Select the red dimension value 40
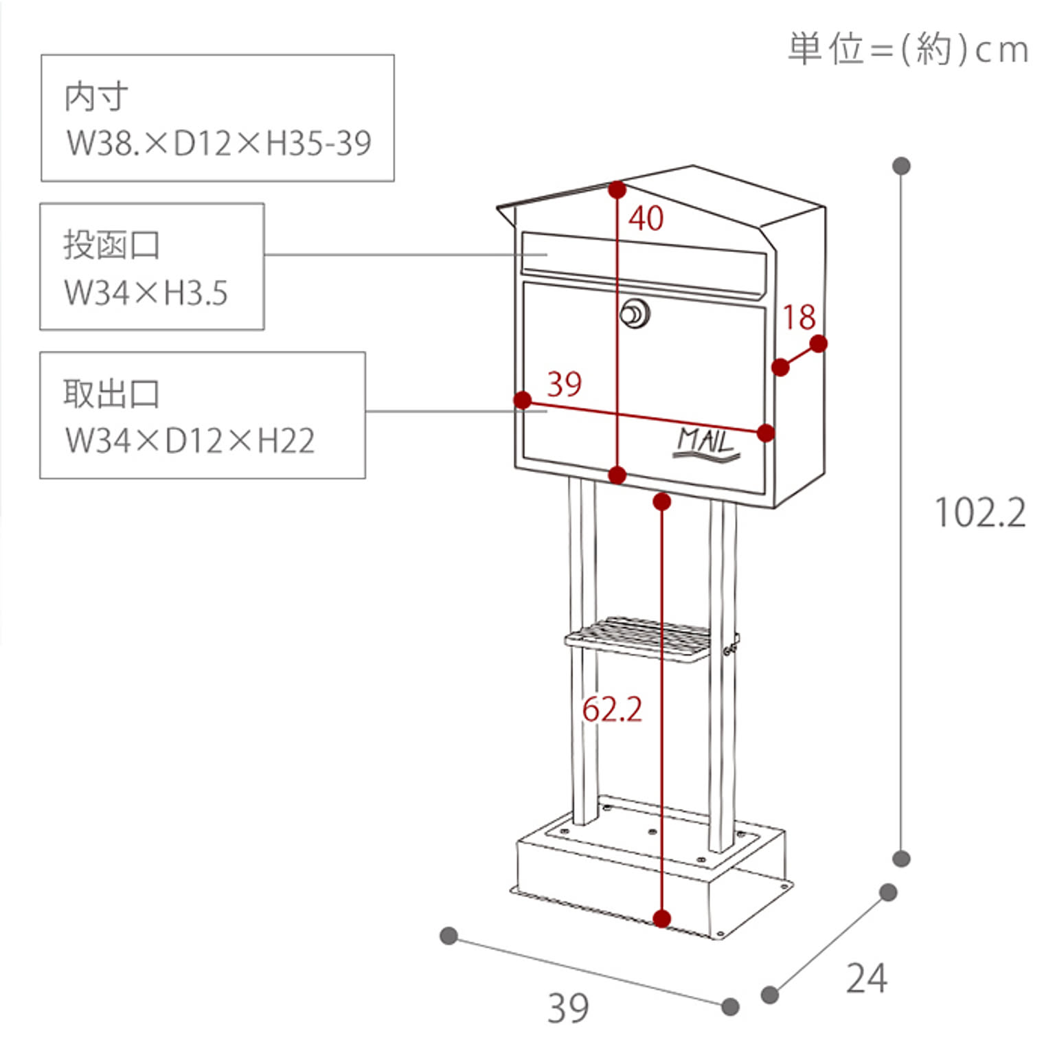[x=646, y=218]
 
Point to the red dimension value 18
[x=799, y=317]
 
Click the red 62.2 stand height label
[x=612, y=710]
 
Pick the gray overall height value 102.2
[x=980, y=513]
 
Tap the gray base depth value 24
[x=866, y=979]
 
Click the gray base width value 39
[x=568, y=1008]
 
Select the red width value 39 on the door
[x=564, y=384]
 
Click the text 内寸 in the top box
[x=96, y=97]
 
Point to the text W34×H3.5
[x=146, y=293]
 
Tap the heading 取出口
[x=111, y=394]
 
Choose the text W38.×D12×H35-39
[x=218, y=143]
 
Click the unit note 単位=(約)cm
[x=907, y=49]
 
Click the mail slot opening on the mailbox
[x=644, y=263]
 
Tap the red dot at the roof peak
[x=617, y=190]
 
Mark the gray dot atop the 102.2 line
[x=901, y=166]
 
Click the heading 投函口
[x=111, y=245]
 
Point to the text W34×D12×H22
[x=190, y=441]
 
